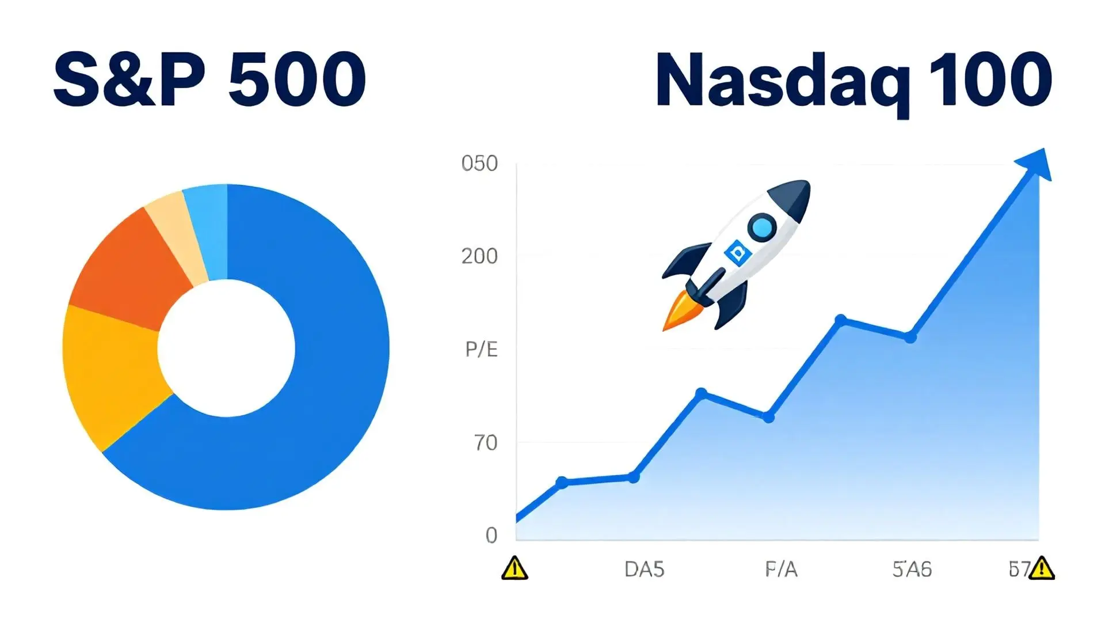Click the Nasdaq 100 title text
[x=853, y=81]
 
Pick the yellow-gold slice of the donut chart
[x=109, y=374]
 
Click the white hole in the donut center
[x=226, y=348]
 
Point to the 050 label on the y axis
[x=479, y=164]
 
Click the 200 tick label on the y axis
[x=479, y=256]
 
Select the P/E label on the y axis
[x=481, y=349]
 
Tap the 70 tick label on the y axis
[x=486, y=443]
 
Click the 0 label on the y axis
[x=491, y=536]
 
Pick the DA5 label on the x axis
[x=644, y=570]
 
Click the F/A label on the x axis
[x=781, y=570]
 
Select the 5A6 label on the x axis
[x=912, y=570]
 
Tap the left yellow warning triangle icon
[x=515, y=568]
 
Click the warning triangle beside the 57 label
[x=1041, y=568]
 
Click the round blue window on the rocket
[x=763, y=227]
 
